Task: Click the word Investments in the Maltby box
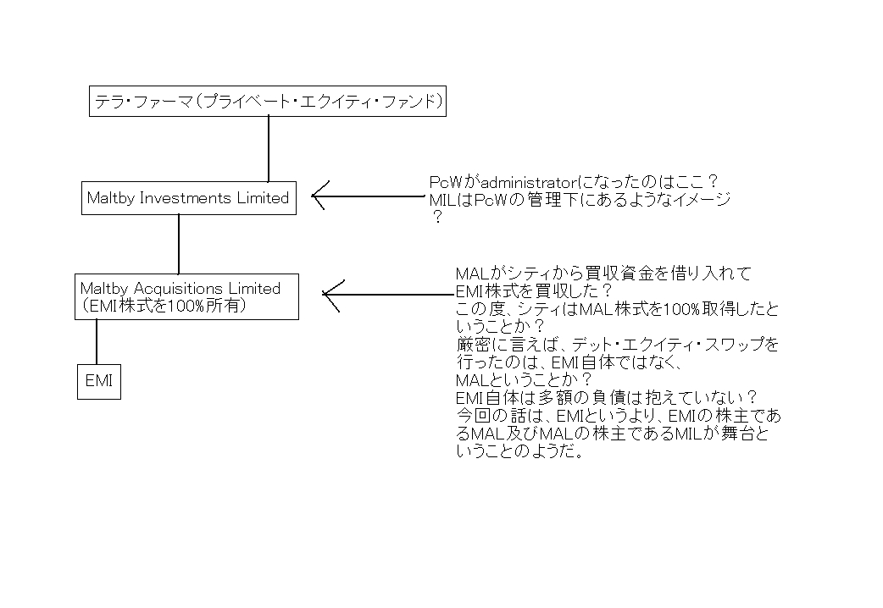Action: coord(186,198)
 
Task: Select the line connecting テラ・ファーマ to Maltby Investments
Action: coord(269,149)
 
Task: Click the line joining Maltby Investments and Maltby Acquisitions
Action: coord(179,245)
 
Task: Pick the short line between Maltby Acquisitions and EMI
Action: coord(97,342)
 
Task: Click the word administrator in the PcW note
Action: coord(529,182)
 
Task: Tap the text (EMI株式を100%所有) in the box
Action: coord(164,306)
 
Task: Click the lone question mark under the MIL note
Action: coord(437,218)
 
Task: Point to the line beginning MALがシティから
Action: coord(603,274)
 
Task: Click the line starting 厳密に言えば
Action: coord(618,345)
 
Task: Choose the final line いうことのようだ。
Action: coord(519,451)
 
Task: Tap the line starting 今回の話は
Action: coord(619,416)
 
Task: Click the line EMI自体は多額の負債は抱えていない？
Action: coord(606,398)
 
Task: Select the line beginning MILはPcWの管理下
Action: coord(580,200)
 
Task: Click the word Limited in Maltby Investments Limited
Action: coord(263,198)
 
